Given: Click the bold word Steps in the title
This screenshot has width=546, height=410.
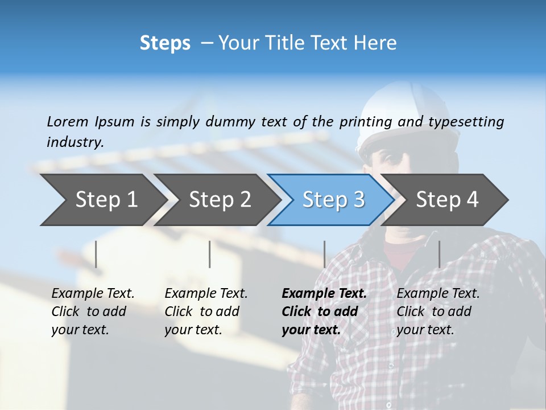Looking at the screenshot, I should point(165,43).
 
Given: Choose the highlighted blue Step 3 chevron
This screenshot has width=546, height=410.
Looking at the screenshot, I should point(333,200).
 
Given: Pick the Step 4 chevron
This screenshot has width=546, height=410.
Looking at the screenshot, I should point(447,200).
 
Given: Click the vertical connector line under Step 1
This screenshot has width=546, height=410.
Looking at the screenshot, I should point(96,254).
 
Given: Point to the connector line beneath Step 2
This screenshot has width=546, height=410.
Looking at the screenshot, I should point(210,254).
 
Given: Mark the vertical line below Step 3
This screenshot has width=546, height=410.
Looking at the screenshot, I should point(324,254).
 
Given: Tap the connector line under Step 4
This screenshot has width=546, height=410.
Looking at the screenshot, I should point(439,254).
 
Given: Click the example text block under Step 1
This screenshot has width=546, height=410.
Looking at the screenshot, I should point(93,311).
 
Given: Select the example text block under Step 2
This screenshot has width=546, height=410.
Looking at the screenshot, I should point(206,311).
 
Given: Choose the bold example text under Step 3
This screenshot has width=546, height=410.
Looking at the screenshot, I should point(324,311).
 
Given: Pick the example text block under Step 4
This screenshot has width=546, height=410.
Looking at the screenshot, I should point(438,311).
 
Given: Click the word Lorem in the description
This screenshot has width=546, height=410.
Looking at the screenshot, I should point(68,121).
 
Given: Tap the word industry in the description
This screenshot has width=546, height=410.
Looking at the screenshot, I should point(75,142).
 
